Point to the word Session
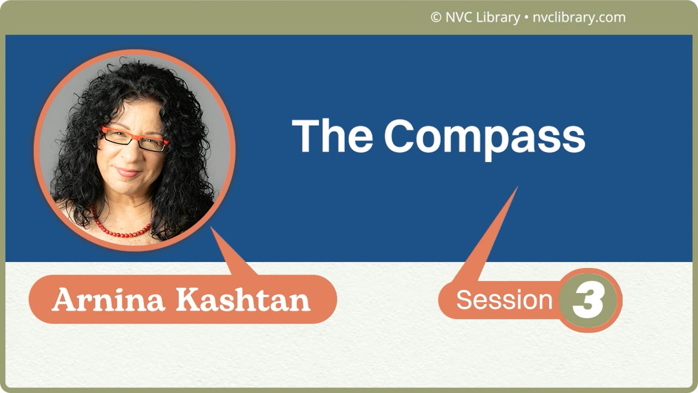tap(504, 300)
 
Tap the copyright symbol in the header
tap(436, 17)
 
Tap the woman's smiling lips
tap(128, 172)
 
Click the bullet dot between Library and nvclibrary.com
tap(526, 18)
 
